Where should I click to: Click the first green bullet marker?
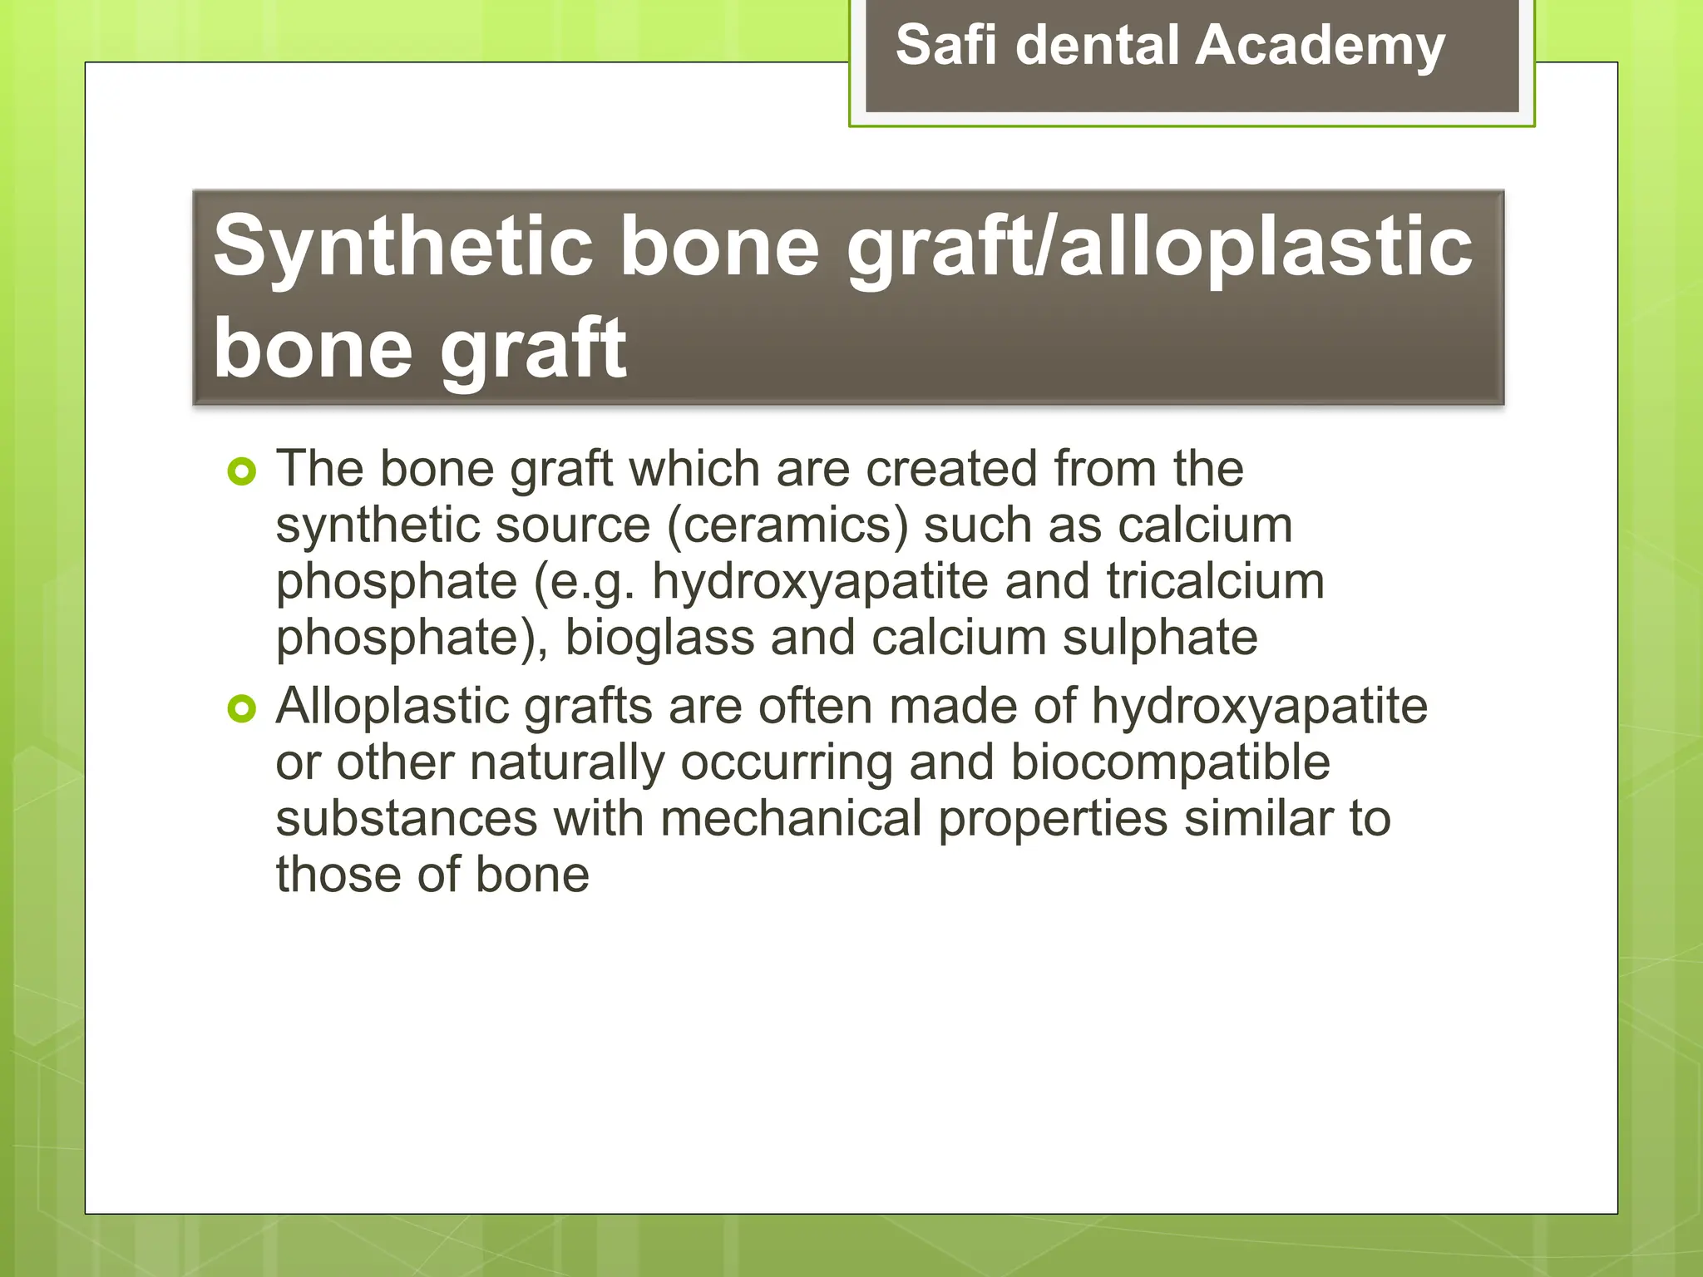(x=241, y=472)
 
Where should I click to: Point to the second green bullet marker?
(x=241, y=709)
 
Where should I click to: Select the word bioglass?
(x=659, y=638)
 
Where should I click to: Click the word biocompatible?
(x=1170, y=762)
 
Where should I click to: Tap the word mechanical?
(x=791, y=818)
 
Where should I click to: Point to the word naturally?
(x=567, y=762)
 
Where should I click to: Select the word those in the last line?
(x=338, y=875)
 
